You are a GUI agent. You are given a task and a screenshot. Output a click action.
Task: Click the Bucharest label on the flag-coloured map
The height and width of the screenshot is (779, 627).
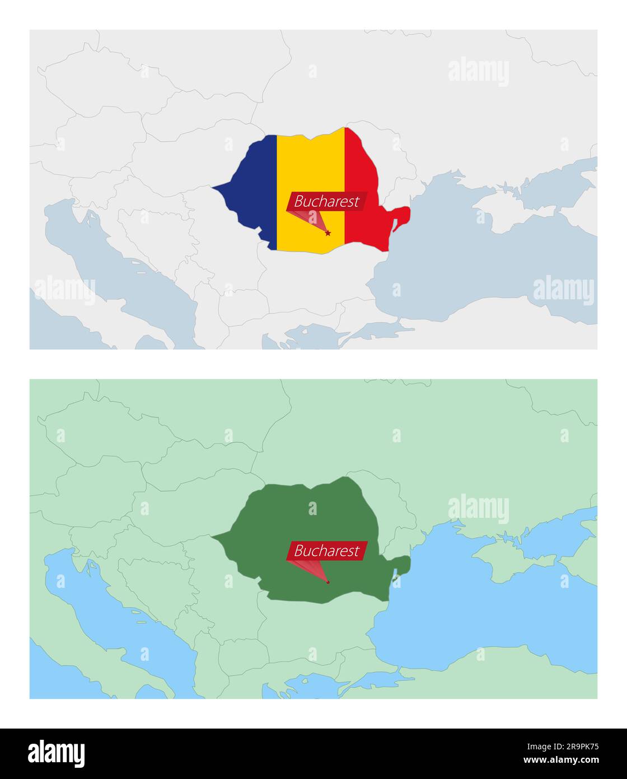coord(326,202)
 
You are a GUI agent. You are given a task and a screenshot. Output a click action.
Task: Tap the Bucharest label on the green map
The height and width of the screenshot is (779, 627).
coord(326,551)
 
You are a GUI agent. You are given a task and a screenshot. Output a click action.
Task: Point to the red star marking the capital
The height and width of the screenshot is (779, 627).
coord(328,233)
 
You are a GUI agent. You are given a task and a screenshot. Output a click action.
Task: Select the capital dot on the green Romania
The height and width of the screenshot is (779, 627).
coord(328,582)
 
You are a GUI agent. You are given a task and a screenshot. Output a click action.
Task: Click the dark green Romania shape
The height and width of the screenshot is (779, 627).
coord(291,516)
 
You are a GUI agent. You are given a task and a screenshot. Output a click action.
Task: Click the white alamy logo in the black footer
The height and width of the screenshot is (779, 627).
coord(57,754)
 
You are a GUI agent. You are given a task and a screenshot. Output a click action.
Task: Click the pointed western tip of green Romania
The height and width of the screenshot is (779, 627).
coord(214,536)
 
